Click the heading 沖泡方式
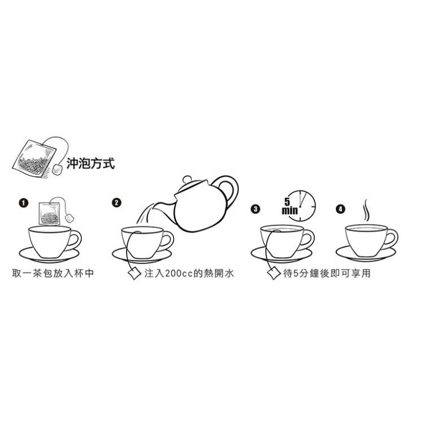90,163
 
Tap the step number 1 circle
24,203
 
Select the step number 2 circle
116,202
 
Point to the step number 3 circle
256,209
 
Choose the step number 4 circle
340,209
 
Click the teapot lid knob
187,179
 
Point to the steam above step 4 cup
366,210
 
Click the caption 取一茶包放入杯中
53,273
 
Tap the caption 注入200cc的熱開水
189,273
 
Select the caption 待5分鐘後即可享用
327,273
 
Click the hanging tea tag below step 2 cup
135,274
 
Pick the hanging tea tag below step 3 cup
274,274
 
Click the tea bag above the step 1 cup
49,213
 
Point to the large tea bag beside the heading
34,158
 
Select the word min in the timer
289,210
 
